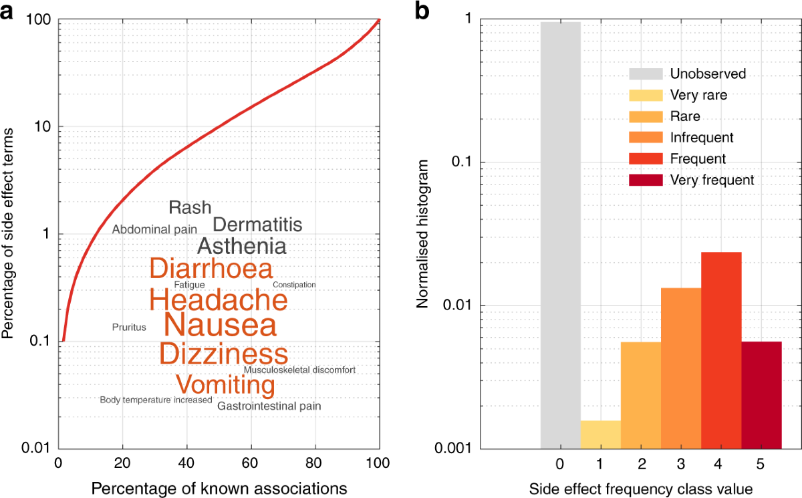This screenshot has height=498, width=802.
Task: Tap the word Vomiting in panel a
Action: click(x=225, y=385)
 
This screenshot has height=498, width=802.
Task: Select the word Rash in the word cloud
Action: click(x=190, y=207)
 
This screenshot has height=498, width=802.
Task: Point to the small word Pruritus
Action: click(x=129, y=327)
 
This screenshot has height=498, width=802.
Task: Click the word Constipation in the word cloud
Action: click(x=294, y=285)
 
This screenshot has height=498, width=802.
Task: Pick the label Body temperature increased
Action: click(x=156, y=400)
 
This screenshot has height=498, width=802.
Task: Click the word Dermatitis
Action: click(x=257, y=225)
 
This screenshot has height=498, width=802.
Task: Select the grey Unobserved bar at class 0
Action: click(x=560, y=234)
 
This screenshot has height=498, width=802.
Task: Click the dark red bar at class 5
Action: click(x=761, y=394)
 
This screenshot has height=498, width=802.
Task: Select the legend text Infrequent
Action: click(x=702, y=138)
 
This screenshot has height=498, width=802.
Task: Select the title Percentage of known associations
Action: click(x=219, y=488)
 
